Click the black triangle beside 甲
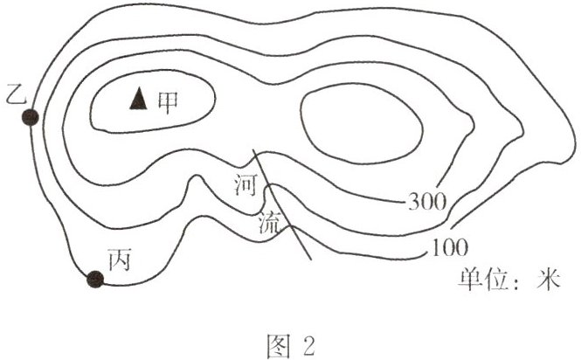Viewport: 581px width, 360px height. point(136,100)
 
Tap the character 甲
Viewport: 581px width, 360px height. point(166,101)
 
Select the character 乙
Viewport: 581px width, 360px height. point(13,91)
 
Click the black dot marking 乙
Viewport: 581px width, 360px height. point(31,118)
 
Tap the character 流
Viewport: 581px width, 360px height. point(269,224)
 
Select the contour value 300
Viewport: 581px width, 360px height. point(427,203)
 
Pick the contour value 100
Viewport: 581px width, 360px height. point(450,248)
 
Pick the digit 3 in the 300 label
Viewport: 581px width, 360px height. point(414,203)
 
